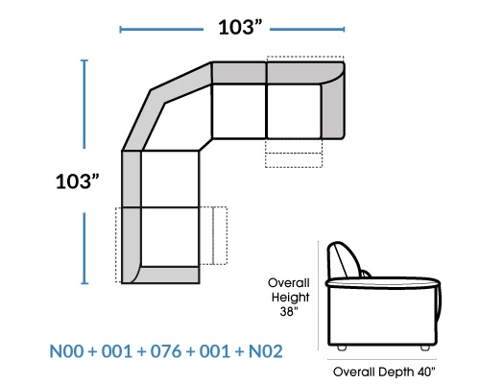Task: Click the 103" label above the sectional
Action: coord(240,27)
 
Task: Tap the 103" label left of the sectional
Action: coord(77,181)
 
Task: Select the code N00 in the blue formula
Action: coord(66,351)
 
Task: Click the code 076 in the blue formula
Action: coord(166,351)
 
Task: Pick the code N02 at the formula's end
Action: coord(266,351)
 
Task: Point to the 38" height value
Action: coord(289,311)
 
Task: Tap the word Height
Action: coord(290,298)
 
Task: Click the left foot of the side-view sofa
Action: coord(342,348)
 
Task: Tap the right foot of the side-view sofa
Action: coord(425,348)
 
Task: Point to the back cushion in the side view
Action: coord(344,259)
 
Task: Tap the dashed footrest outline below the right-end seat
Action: coord(294,153)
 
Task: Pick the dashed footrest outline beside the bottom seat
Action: coord(213,235)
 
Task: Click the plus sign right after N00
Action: coord(92,351)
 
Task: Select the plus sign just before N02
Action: coord(240,351)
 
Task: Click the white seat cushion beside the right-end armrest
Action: coord(294,111)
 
